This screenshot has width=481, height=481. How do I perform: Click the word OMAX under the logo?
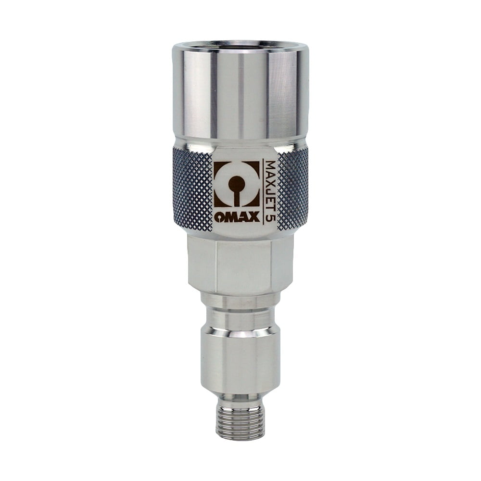pyautogui.click(x=237, y=216)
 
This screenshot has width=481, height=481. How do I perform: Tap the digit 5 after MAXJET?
pyautogui.click(x=270, y=215)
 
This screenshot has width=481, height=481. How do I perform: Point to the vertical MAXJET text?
pyautogui.click(x=270, y=183)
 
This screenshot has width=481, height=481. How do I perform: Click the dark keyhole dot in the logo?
pyautogui.click(x=236, y=183)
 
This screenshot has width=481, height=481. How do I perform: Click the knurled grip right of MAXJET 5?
pyautogui.click(x=292, y=190)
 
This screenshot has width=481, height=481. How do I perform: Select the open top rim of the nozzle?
pyautogui.click(x=240, y=47)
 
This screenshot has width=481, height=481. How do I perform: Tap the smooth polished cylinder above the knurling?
pyautogui.click(x=240, y=96)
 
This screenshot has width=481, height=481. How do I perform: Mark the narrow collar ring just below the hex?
pyautogui.click(x=240, y=300)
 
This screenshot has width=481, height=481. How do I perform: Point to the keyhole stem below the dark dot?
pyautogui.click(x=236, y=197)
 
